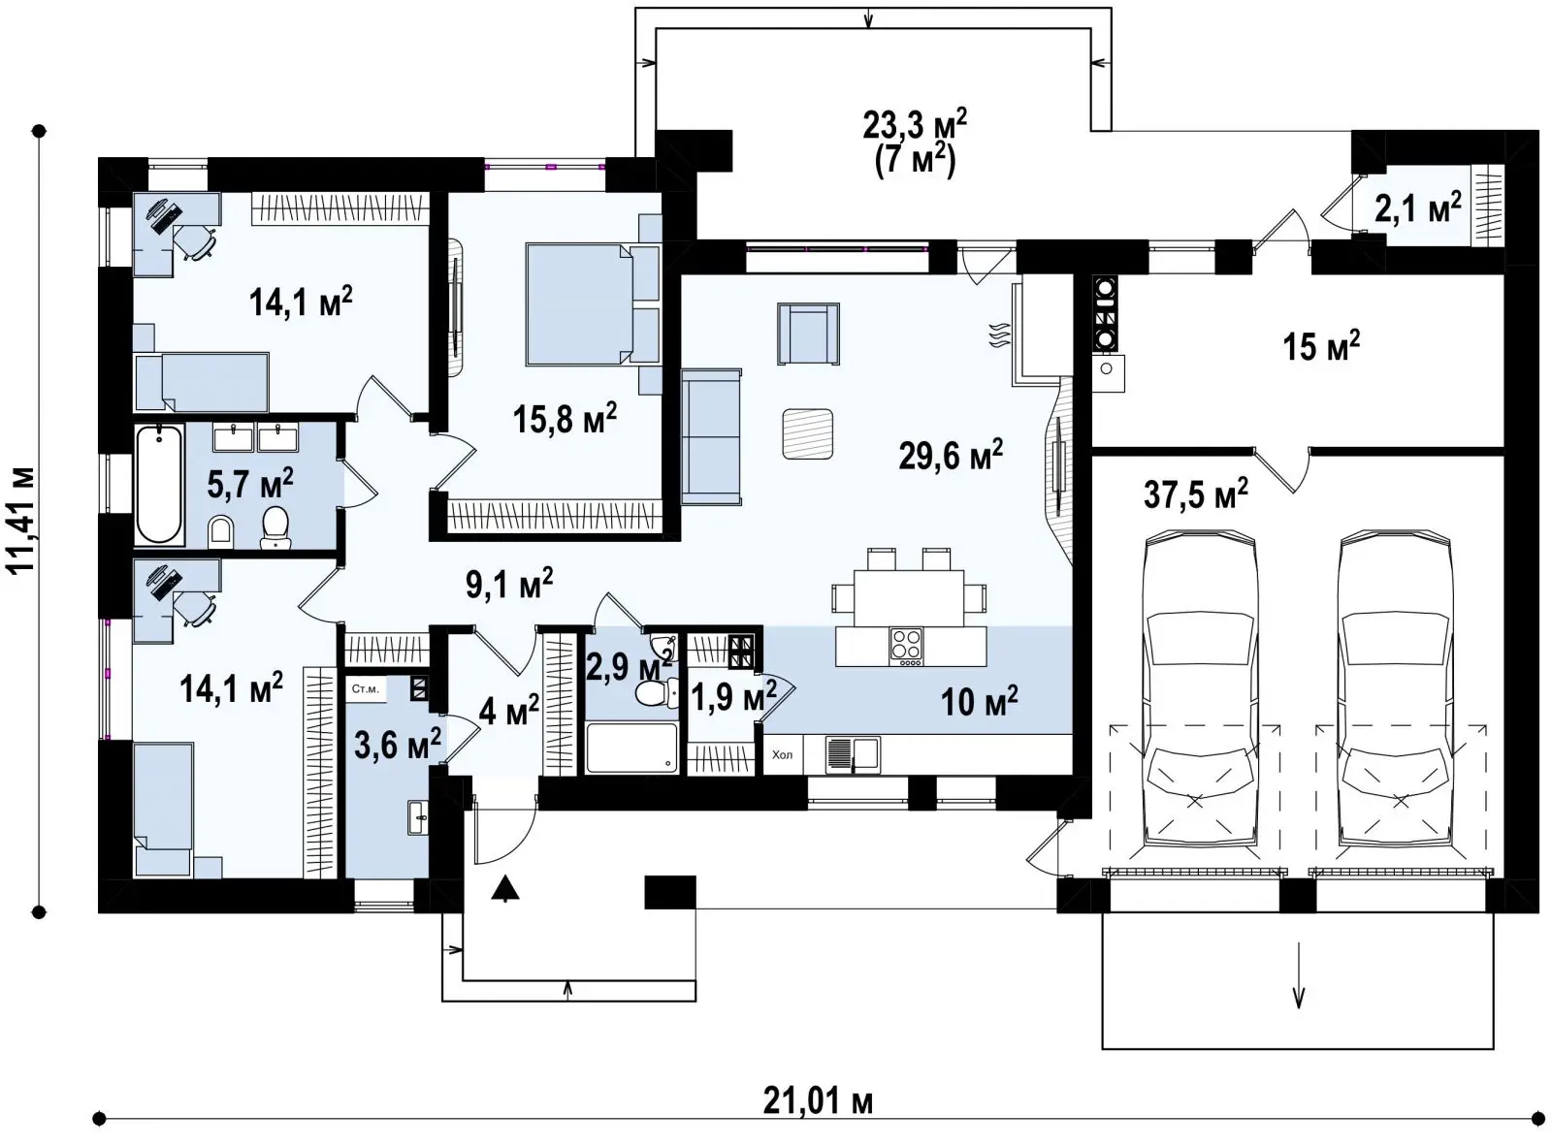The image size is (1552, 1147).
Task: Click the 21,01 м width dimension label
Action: pyautogui.click(x=818, y=1102)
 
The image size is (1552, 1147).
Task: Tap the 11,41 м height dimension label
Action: pyautogui.click(x=21, y=520)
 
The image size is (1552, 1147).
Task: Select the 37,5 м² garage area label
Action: pyautogui.click(x=1196, y=494)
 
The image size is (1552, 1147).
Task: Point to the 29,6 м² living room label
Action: pyautogui.click(x=951, y=455)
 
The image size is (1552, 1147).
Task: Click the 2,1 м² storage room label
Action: pyautogui.click(x=1417, y=207)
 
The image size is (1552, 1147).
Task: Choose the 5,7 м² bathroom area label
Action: pyautogui.click(x=250, y=483)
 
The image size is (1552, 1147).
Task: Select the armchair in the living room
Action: pyautogui.click(x=808, y=334)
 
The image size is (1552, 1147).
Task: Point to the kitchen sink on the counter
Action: pyautogui.click(x=853, y=754)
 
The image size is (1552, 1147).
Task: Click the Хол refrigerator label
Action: pyautogui.click(x=782, y=754)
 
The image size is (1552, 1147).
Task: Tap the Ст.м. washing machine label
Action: pyautogui.click(x=365, y=689)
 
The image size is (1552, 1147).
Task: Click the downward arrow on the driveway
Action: pyautogui.click(x=1299, y=985)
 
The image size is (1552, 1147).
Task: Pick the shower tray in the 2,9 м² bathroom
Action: pyautogui.click(x=631, y=748)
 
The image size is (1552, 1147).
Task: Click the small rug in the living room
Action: pyautogui.click(x=807, y=433)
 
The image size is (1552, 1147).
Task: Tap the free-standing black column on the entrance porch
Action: pyautogui.click(x=669, y=892)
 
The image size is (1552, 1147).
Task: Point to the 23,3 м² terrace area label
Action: pyautogui.click(x=916, y=127)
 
